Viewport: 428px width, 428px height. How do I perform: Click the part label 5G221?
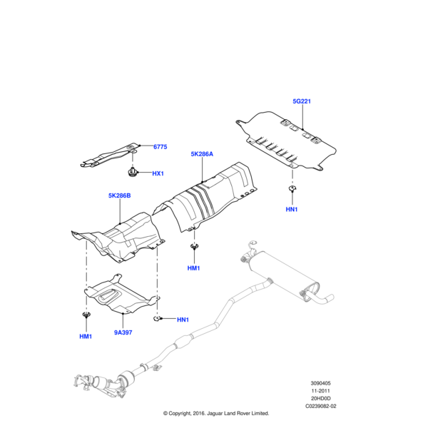pos(302,103)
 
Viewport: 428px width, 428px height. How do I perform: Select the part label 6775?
pos(160,147)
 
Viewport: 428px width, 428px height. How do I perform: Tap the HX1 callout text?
pos(158,173)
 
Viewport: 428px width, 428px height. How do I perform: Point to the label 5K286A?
pos(202,153)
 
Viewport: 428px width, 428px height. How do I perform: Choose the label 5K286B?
pos(120,195)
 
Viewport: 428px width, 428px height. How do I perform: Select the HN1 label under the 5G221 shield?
pos(292,210)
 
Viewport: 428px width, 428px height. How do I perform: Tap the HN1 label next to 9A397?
pos(183,319)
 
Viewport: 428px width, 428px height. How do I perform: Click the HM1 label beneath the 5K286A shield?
pos(193,268)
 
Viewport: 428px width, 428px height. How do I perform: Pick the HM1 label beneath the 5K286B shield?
pos(86,335)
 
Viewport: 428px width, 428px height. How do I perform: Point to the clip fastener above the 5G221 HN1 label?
pos(292,188)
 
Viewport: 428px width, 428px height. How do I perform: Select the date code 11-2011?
pos(320,392)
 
